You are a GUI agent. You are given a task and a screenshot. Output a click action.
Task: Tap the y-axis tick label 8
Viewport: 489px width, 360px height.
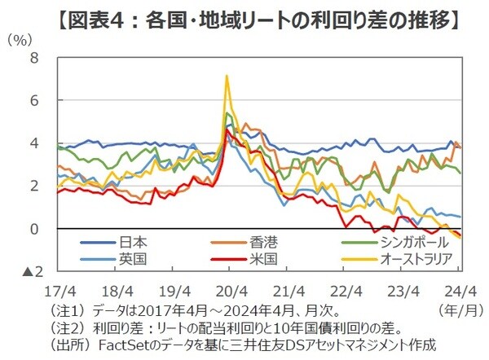pos(33,58)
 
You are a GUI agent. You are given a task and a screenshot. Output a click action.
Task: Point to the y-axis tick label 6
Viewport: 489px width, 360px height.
pos(33,100)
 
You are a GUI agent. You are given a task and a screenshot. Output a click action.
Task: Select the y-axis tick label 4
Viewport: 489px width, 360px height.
pos(33,143)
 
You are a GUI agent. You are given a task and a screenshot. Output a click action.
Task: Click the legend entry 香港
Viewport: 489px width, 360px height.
pos(258,242)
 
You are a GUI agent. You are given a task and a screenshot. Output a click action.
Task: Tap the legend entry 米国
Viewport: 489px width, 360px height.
pos(258,259)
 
